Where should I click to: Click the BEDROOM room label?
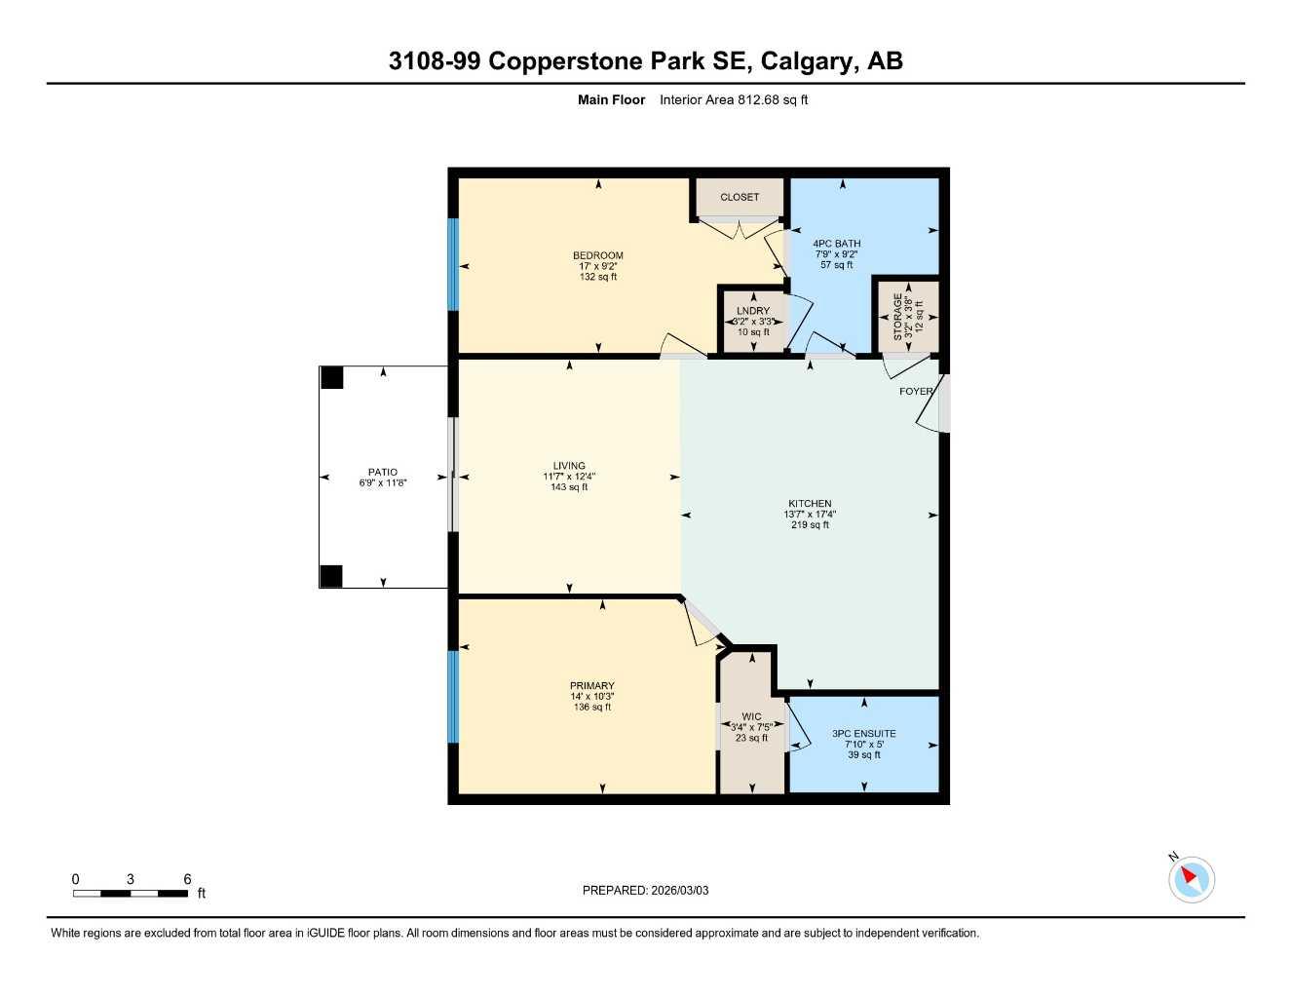click(x=597, y=255)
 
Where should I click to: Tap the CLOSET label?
click(x=740, y=197)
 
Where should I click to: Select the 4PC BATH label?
click(x=836, y=244)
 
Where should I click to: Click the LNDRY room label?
click(x=753, y=311)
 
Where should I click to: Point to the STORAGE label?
click(x=898, y=317)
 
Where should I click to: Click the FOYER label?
click(x=915, y=392)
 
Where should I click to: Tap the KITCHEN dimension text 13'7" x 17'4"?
click(x=810, y=515)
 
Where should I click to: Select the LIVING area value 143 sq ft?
click(x=569, y=487)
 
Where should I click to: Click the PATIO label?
click(x=382, y=472)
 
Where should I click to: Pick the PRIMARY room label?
click(x=592, y=685)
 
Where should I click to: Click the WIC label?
click(x=751, y=716)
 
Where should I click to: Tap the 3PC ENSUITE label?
click(x=863, y=734)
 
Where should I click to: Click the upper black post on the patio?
click(x=331, y=377)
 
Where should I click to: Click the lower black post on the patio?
click(x=331, y=576)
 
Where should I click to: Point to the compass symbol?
click(x=1191, y=879)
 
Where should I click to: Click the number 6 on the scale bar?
click(x=188, y=879)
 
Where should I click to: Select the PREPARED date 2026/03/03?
click(x=679, y=890)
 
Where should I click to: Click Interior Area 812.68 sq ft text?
click(x=734, y=99)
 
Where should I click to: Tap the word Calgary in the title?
click(x=806, y=60)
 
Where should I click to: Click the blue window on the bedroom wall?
click(x=452, y=264)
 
